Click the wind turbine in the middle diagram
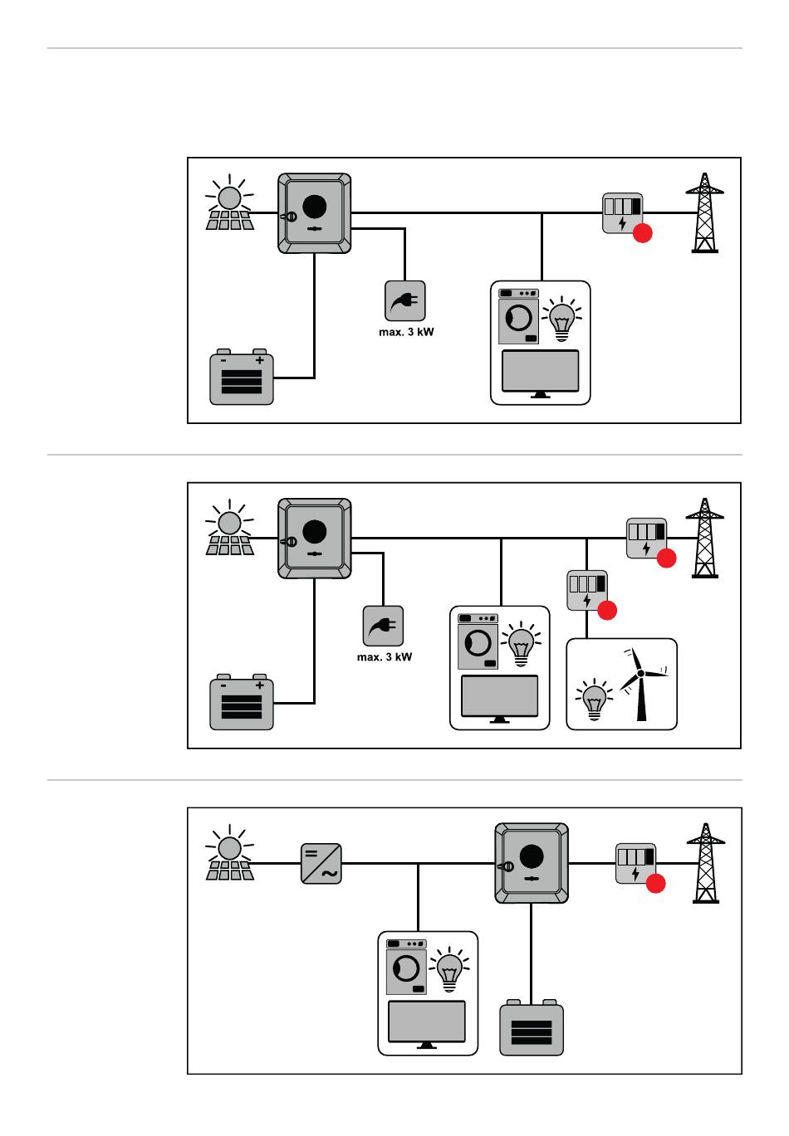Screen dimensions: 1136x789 (641, 683)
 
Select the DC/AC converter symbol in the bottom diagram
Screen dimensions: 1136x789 (321, 864)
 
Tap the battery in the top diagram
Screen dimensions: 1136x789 (242, 378)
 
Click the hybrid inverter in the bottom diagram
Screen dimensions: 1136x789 (532, 863)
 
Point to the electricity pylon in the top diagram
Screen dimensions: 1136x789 (704, 213)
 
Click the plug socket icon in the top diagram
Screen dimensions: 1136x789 (405, 300)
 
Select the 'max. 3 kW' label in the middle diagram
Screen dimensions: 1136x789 (385, 657)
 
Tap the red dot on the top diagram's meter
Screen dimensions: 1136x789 (642, 233)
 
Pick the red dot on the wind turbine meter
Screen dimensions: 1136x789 (607, 610)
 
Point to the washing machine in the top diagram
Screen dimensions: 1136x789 (518, 316)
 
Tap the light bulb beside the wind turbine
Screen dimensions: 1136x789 (595, 699)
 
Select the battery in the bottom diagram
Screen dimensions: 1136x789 (532, 1029)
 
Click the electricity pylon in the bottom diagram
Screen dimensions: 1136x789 (706, 864)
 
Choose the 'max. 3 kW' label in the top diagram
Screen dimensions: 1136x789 (406, 332)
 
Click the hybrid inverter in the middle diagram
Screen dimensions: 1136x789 (315, 538)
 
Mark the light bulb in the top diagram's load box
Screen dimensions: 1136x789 (562, 318)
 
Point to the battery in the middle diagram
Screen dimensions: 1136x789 (242, 704)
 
